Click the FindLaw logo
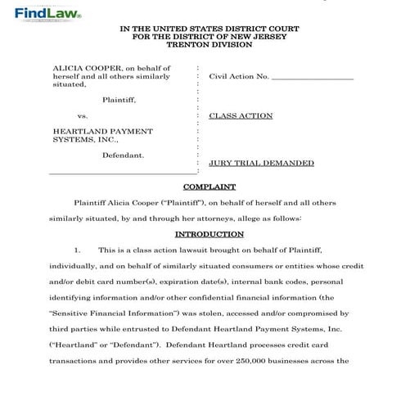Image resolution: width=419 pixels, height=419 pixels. pos(43,13)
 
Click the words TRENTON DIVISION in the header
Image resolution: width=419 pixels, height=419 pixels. pos(209,44)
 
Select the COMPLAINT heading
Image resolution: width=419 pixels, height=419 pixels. pos(209,187)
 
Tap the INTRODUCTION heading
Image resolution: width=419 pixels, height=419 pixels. pos(209,234)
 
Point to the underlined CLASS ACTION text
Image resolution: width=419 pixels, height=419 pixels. pos(241,116)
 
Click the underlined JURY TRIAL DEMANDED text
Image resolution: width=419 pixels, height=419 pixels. pos(261,163)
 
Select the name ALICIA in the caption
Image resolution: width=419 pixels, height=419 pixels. pos(68,68)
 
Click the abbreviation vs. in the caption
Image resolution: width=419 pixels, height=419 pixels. pos(82,116)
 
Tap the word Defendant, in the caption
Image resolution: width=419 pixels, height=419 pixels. pos(123,155)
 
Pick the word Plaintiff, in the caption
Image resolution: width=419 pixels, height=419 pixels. pos(119,100)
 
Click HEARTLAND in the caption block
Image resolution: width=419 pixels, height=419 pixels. pos(79,131)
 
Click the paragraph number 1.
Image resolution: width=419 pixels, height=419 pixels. pos(77,250)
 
